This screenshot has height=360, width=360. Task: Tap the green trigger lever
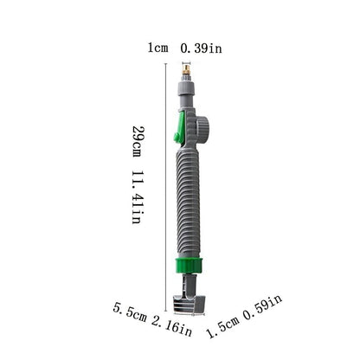click(x=178, y=130)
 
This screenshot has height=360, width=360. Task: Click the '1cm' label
click(x=157, y=48)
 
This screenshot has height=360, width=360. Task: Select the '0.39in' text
click(x=201, y=48)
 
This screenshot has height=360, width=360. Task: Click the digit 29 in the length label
click(x=137, y=132)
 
